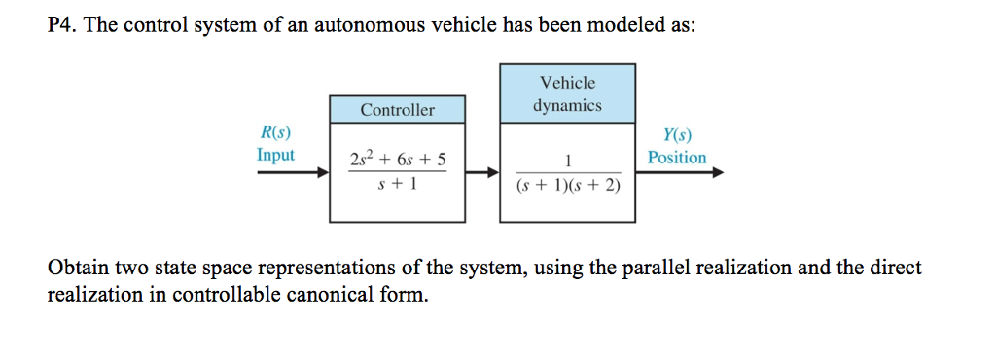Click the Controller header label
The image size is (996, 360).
pos(397,110)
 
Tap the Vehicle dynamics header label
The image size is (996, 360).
pos(567,94)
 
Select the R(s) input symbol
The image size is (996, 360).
pos(275,134)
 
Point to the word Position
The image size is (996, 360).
pos(677,157)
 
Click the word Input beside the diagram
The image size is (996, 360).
pos(275,155)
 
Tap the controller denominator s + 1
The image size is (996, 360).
pos(397,185)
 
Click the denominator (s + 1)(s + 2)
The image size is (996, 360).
pos(567,185)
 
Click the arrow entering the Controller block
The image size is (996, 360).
pos(293,173)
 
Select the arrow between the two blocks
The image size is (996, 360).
pos(481,173)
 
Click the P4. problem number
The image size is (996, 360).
pos(63,26)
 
